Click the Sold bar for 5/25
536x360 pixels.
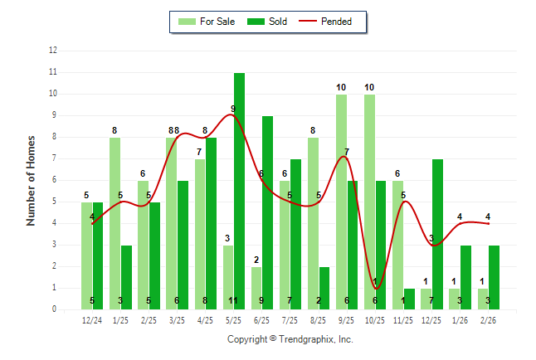(239, 191)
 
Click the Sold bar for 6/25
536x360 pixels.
(267, 212)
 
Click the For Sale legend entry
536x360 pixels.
(207, 22)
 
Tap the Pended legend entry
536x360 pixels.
(332, 22)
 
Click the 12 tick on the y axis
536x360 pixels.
(53, 51)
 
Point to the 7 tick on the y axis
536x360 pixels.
(54, 158)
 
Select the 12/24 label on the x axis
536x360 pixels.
(92, 320)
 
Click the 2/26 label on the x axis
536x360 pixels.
(489, 320)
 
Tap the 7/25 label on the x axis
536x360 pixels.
(290, 320)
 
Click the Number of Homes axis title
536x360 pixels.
(31, 180)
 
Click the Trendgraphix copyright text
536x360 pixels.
(290, 339)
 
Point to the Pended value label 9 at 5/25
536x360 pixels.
(233, 109)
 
